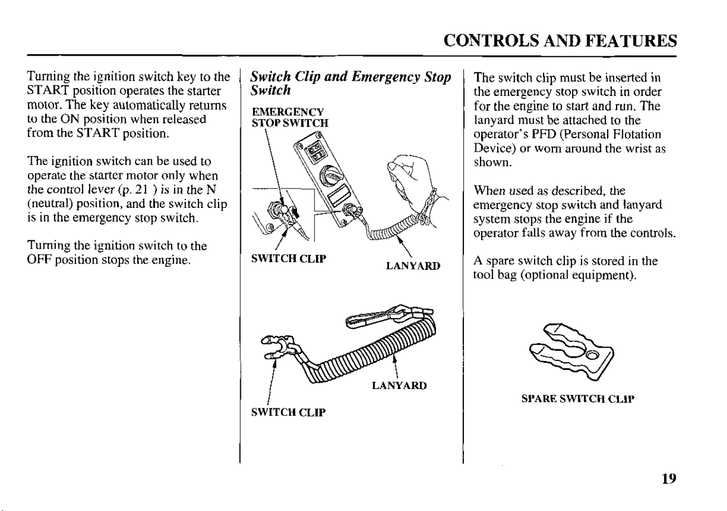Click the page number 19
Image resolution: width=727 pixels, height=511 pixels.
pyautogui.click(x=669, y=479)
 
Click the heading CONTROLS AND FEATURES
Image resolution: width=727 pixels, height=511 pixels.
pyautogui.click(x=560, y=41)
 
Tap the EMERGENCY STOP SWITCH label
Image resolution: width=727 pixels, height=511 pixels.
pyautogui.click(x=290, y=118)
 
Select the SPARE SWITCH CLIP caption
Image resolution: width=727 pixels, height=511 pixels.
pyautogui.click(x=578, y=399)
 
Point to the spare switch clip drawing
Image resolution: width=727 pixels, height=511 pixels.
pyautogui.click(x=572, y=351)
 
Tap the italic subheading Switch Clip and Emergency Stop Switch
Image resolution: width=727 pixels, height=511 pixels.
pyautogui.click(x=351, y=84)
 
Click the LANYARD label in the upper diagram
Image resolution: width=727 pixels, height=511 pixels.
pyautogui.click(x=413, y=266)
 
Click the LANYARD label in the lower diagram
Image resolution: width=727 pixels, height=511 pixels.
pyautogui.click(x=399, y=386)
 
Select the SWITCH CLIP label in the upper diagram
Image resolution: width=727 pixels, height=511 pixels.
pyautogui.click(x=289, y=259)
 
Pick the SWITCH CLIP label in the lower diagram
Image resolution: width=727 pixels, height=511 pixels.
pyautogui.click(x=288, y=412)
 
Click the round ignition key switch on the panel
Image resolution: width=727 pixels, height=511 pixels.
pyautogui.click(x=330, y=175)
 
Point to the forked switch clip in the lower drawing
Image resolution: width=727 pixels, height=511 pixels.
pyautogui.click(x=278, y=347)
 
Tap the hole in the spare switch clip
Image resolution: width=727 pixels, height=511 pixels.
pyautogui.click(x=592, y=356)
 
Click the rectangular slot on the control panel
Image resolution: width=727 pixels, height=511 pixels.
pyautogui.click(x=340, y=195)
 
